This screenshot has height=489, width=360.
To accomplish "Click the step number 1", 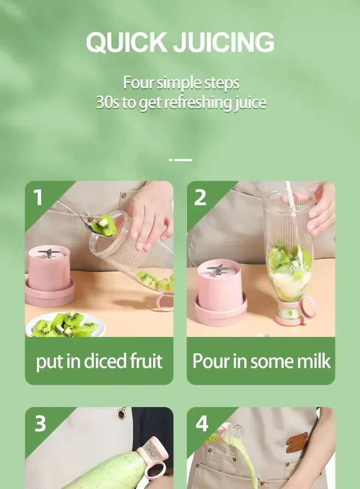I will [x=38, y=198].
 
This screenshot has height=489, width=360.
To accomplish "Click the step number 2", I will [x=200, y=198].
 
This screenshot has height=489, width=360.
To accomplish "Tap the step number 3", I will [x=40, y=423].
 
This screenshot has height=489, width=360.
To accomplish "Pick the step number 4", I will [x=202, y=423].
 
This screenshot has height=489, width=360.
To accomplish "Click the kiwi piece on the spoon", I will [x=104, y=225].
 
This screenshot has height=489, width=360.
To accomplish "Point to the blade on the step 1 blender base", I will [x=47, y=252].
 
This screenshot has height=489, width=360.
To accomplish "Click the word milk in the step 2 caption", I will [x=314, y=361].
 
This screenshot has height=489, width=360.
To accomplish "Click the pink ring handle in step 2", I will [x=308, y=306].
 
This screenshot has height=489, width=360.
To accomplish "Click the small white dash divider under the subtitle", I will [x=180, y=160].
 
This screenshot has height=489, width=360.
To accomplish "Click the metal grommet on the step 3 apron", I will [x=121, y=413].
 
